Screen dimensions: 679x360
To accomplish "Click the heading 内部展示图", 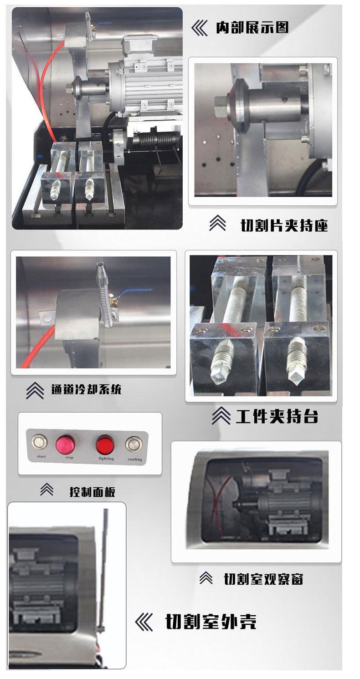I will [252, 28].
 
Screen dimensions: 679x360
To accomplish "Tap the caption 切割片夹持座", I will [284, 225].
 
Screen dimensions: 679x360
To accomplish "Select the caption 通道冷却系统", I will [86, 390].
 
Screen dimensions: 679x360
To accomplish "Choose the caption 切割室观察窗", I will [263, 579].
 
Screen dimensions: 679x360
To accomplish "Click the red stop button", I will [65, 443].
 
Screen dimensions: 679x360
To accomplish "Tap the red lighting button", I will [105, 443].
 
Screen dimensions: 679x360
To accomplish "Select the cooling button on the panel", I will [134, 443].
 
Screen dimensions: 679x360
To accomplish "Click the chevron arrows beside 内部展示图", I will [199, 28].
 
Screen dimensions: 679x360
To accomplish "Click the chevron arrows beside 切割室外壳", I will [144, 622].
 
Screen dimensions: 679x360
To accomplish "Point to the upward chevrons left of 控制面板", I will [46, 490].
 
